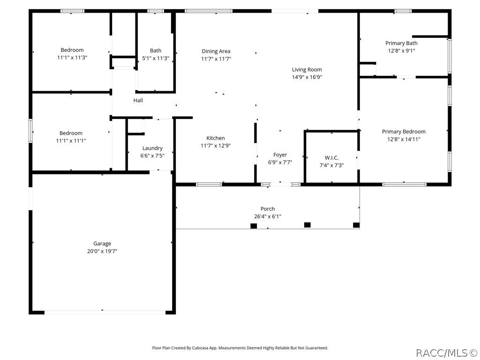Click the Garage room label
102,243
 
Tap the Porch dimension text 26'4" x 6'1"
268,217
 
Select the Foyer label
280,155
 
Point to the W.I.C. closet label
331,157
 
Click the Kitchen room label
216,138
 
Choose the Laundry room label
152,148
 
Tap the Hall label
138,100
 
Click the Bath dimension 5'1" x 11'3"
156,58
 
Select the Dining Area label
216,51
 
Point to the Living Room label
307,69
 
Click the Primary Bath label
401,43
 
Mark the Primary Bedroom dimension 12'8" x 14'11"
404,139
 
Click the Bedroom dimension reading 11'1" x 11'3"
72,58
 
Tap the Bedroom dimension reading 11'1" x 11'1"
71,141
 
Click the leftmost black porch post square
254,226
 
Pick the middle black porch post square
307,225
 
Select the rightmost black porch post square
356,225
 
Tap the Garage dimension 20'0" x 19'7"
102,251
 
